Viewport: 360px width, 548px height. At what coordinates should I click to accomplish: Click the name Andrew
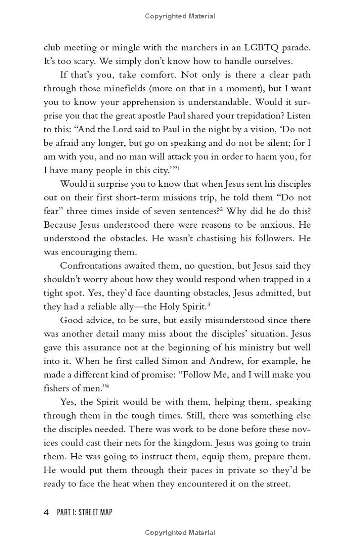point(207,361)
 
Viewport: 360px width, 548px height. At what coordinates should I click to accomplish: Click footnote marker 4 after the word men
point(108,386)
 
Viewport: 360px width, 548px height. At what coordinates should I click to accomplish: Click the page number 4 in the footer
point(46,512)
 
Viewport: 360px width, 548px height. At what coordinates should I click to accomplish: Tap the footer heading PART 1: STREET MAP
point(85,512)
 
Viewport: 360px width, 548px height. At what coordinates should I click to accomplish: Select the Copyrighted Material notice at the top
point(180,16)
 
